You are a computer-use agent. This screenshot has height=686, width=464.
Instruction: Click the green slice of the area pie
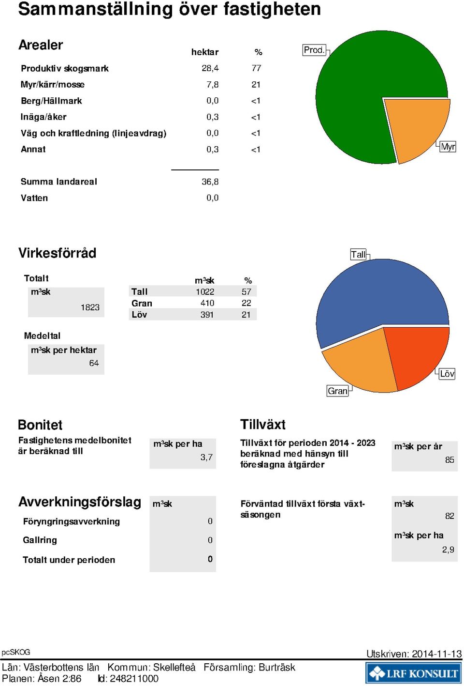361,92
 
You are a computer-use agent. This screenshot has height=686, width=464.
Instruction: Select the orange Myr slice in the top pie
416,129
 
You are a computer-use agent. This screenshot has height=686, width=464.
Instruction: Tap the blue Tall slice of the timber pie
379,294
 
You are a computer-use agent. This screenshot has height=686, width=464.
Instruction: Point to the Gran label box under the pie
337,391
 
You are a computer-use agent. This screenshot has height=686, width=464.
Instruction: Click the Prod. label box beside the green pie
314,49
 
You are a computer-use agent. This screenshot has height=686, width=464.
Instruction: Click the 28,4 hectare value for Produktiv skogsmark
210,68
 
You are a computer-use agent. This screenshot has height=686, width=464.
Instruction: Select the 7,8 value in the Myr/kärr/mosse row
213,84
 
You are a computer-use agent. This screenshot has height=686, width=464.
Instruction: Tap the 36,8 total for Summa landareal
210,182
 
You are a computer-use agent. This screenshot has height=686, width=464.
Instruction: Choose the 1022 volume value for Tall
205,291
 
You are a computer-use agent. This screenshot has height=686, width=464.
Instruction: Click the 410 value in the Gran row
207,303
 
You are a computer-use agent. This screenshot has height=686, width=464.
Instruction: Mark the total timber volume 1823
90,307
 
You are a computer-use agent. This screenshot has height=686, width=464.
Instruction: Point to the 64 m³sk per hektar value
94,363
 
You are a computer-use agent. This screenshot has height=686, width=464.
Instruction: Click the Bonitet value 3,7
206,457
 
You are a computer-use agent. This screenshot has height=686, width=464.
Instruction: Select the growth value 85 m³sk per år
449,460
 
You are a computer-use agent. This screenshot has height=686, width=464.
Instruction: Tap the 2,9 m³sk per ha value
448,549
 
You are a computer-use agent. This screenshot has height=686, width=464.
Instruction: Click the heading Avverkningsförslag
80,502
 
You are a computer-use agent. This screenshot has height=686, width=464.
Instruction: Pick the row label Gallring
40,540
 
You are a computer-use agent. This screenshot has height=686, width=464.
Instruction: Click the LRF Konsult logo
414,673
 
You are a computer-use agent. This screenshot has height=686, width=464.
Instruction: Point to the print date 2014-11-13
436,654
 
